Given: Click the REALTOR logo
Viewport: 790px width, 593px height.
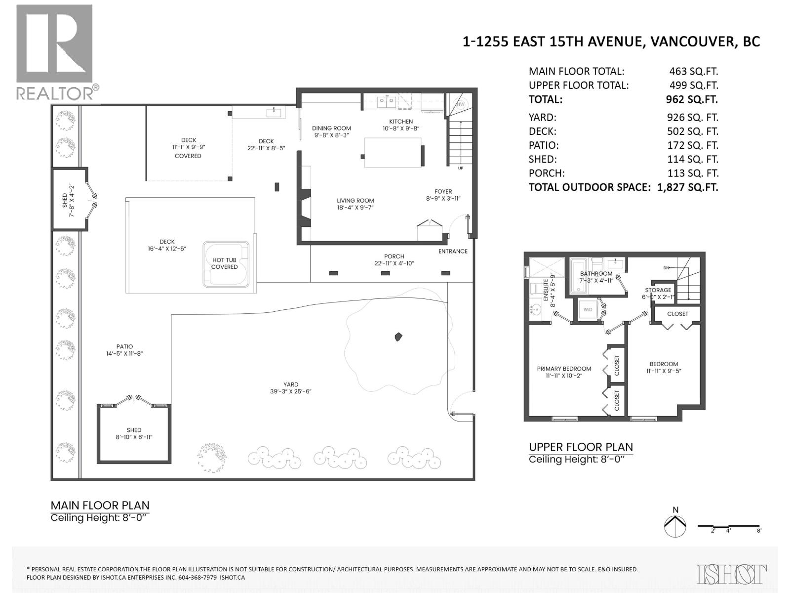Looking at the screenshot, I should tap(54, 52).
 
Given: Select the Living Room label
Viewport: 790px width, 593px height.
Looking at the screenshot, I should tap(355, 201).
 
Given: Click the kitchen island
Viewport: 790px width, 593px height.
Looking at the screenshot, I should tap(393, 153).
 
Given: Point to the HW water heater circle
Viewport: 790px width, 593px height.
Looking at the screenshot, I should tap(460, 104).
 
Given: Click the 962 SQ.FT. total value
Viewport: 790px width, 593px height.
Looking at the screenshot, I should tap(691, 99).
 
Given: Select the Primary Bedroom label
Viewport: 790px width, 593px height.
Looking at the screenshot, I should tap(564, 369).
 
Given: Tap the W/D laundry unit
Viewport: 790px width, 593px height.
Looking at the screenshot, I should tap(588, 310).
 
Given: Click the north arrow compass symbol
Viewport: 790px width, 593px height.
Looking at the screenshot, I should tap(675, 526).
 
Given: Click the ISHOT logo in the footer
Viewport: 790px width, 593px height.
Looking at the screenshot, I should tap(732, 574).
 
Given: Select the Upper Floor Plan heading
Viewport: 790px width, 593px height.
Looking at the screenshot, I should tap(581, 447).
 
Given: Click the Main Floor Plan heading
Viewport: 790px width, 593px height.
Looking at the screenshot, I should tap(100, 506).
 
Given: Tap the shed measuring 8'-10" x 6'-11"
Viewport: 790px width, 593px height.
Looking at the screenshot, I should tap(134, 433).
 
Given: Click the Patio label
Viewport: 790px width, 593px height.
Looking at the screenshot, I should tap(124, 346).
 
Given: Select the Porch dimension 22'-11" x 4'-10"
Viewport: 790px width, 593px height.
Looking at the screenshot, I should tap(394, 263).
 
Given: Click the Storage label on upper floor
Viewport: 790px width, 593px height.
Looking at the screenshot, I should tap(658, 290).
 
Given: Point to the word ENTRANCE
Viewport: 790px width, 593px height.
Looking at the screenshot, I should tap(453, 251).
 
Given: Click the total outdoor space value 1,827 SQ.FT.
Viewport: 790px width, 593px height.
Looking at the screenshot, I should tap(687, 187).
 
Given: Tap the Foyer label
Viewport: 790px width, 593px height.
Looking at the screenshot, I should tap(443, 192).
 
